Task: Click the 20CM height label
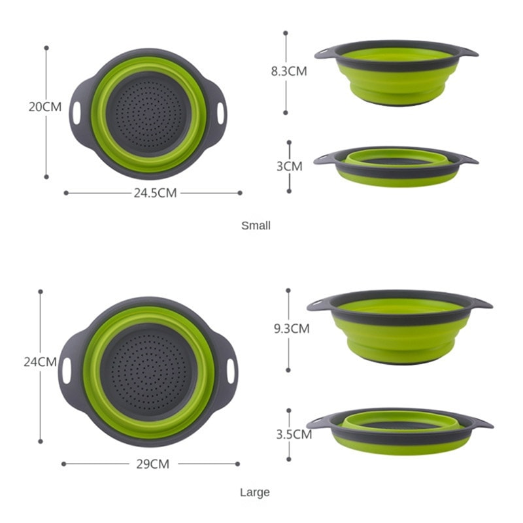point(45,107)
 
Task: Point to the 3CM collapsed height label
point(290,166)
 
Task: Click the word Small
point(256,226)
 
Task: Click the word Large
point(254,492)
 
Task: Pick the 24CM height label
point(41,361)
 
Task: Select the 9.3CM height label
point(292,329)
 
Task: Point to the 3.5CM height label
point(292,434)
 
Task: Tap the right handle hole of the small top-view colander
point(220,112)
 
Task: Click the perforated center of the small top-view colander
point(148,113)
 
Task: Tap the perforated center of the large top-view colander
point(148,369)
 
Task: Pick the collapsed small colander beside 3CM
point(396,167)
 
